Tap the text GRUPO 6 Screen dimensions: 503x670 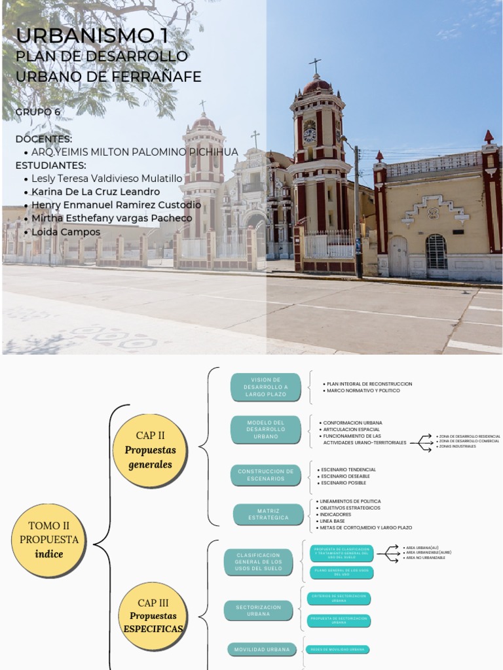click(38, 112)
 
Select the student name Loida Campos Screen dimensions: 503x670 click(62, 232)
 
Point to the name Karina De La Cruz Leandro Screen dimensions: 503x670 click(96, 192)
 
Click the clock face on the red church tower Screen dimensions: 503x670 click(310, 135)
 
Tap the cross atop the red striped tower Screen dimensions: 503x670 click(316, 66)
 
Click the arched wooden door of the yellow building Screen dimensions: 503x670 click(398, 256)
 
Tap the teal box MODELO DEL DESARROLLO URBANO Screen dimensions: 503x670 click(266, 429)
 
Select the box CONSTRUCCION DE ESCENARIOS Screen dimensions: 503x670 click(265, 475)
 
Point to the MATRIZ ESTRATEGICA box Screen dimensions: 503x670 click(269, 514)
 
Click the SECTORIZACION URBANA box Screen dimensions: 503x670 click(259, 610)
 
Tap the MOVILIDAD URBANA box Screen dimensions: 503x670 click(259, 649)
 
